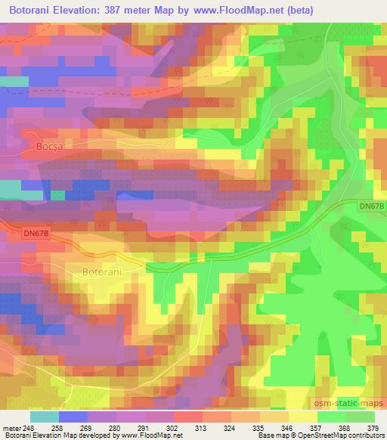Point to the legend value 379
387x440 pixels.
point(373,427)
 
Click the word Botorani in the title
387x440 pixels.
point(31,10)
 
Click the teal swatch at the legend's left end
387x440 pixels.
point(44,417)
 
